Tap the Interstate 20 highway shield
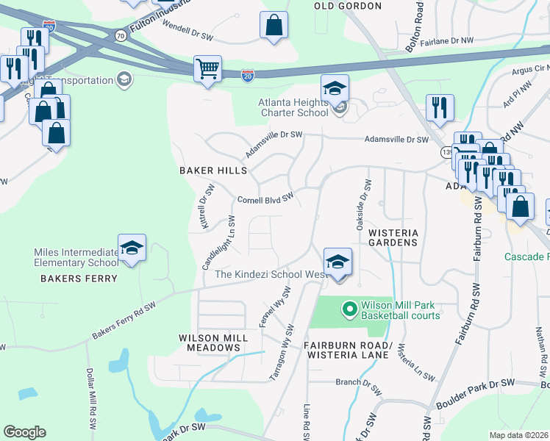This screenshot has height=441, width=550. [x=247, y=74]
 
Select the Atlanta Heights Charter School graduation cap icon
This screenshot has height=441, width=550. [x=335, y=90]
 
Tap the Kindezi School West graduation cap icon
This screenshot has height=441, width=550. [x=337, y=262]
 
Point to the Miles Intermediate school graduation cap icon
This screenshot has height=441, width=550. [x=132, y=248]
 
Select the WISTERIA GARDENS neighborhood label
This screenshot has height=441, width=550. [x=393, y=237]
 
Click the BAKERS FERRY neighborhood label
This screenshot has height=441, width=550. [x=79, y=279]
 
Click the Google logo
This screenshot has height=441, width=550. [x=24, y=431]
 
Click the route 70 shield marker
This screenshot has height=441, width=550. [x=119, y=34]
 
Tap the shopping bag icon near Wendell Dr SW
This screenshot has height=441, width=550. [x=274, y=25]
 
